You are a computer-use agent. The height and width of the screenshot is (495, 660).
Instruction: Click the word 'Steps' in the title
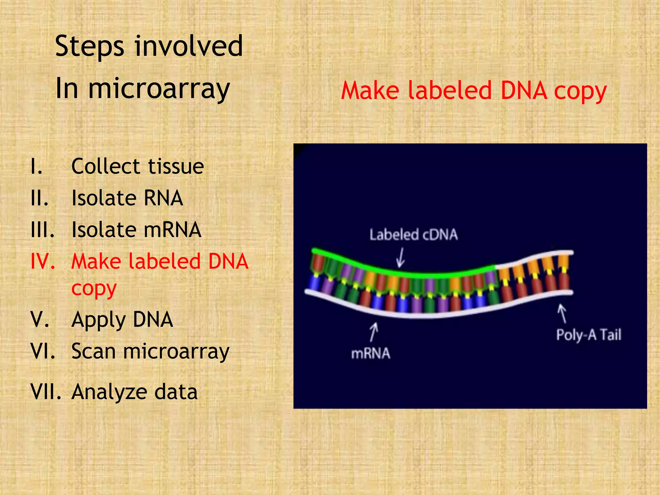pos(89,46)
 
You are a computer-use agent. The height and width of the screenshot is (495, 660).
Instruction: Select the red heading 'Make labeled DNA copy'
pos(474,91)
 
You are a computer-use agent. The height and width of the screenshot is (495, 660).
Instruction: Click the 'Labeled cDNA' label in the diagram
pos(413,235)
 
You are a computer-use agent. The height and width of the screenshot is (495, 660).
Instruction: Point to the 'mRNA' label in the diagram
pos(371,354)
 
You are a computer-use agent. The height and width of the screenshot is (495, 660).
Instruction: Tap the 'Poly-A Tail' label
pos(588,335)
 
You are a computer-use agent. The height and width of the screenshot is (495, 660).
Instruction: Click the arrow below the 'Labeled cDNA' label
pos(401,257)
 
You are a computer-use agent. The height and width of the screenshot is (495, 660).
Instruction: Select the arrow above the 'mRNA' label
pos(374,332)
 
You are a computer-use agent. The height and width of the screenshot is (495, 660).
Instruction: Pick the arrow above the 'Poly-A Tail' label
pos(562,313)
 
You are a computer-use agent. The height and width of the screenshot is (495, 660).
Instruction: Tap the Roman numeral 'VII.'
pos(46,392)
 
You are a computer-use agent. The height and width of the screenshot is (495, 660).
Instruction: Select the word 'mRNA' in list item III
pos(172,230)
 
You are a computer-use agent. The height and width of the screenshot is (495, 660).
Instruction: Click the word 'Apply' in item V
pos(98,320)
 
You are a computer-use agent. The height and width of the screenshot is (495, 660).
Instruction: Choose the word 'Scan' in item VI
pos(93,351)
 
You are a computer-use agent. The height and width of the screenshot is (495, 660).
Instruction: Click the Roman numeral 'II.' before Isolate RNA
pos(39,198)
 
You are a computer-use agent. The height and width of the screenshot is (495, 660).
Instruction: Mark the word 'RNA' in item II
pos(163,198)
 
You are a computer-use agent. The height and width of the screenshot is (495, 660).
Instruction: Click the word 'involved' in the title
pos(189,46)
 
